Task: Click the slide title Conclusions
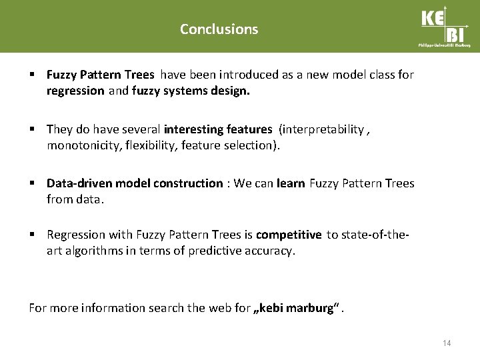click(x=219, y=29)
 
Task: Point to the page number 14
click(x=447, y=343)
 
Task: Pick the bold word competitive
click(x=289, y=235)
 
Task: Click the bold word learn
click(x=290, y=183)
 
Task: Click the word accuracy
click(x=271, y=250)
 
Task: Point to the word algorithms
click(x=93, y=250)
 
